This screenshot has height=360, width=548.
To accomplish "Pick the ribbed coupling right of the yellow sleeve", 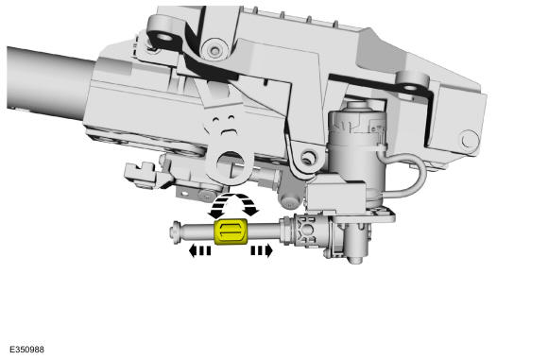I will pyautogui.click(x=307, y=231).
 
